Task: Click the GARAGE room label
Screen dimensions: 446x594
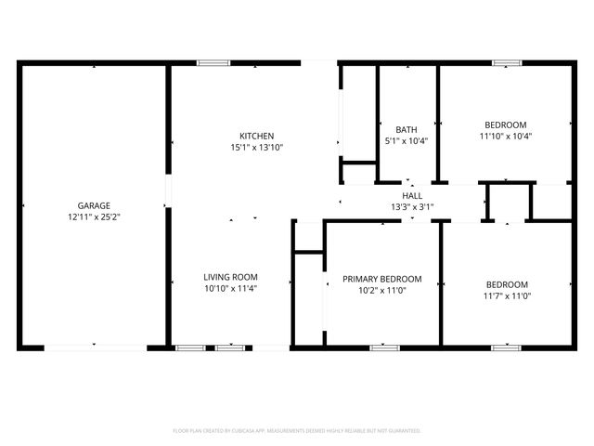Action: pos(94,205)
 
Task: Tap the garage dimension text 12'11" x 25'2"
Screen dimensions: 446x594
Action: pos(94,216)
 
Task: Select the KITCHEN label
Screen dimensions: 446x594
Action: pos(256,136)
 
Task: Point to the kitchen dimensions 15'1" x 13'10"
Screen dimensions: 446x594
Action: pos(256,147)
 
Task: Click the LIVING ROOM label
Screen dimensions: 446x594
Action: pos(231,277)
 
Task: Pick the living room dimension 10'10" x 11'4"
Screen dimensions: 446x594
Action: pos(231,288)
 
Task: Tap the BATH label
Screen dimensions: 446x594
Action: pos(407,130)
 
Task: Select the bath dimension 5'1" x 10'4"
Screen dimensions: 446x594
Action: pos(407,141)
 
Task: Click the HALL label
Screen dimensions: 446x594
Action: pos(412,196)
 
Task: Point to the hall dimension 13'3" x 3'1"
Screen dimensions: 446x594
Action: pos(412,207)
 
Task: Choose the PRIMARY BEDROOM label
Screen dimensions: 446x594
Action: pos(381,279)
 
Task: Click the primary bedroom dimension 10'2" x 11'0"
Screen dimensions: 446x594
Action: pos(381,290)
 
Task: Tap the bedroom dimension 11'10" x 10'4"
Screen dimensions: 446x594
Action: pos(506,136)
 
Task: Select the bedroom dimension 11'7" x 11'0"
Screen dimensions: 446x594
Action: pos(506,295)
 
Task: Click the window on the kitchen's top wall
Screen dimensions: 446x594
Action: pos(213,63)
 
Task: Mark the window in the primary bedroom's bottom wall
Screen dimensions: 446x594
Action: pos(384,348)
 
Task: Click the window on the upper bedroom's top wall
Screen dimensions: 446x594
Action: pos(506,63)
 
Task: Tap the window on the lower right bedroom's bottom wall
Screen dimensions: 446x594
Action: pos(506,348)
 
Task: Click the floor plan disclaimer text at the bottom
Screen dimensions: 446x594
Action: pos(297,431)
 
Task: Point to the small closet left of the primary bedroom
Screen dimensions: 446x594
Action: pos(306,237)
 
